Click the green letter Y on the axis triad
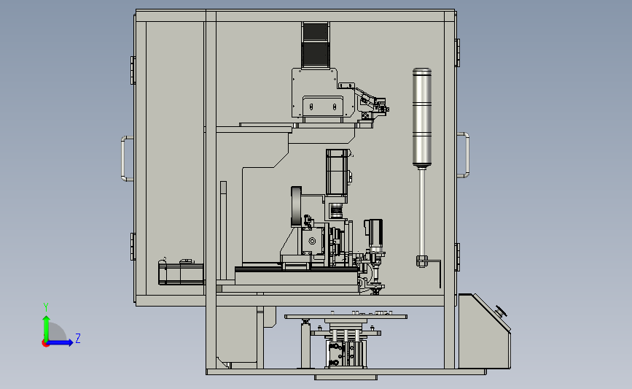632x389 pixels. pyautogui.click(x=46, y=307)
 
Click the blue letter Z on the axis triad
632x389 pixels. pyautogui.click(x=78, y=338)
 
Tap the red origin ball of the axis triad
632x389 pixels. pyautogui.click(x=45, y=343)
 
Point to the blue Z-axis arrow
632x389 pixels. pyautogui.click(x=61, y=343)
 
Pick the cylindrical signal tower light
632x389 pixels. pyautogui.click(x=422, y=118)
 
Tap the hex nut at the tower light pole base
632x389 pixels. pyautogui.click(x=421, y=261)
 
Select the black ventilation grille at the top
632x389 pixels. pyautogui.click(x=315, y=45)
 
